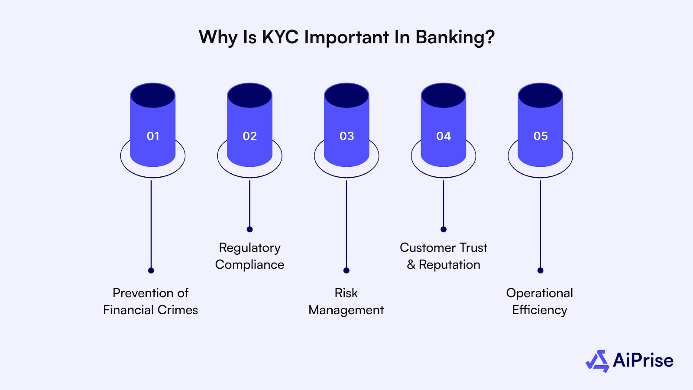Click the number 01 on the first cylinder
tap(153, 136)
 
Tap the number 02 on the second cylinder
tap(249, 136)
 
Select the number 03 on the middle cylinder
tap(346, 136)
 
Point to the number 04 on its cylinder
tap(444, 136)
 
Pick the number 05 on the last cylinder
tap(541, 136)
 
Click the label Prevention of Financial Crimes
tap(150, 301)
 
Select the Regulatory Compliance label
tap(249, 256)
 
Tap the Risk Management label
tap(346, 301)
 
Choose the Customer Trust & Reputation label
tap(444, 256)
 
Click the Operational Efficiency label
tap(540, 301)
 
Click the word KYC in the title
tap(280, 37)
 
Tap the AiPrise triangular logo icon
tap(598, 361)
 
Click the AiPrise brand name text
tap(643, 361)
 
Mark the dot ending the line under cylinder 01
tap(151, 270)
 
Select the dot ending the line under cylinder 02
tap(249, 229)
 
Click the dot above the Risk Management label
tap(346, 270)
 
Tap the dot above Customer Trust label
tap(443, 229)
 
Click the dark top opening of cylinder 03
tap(346, 96)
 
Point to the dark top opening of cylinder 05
tap(541, 96)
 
